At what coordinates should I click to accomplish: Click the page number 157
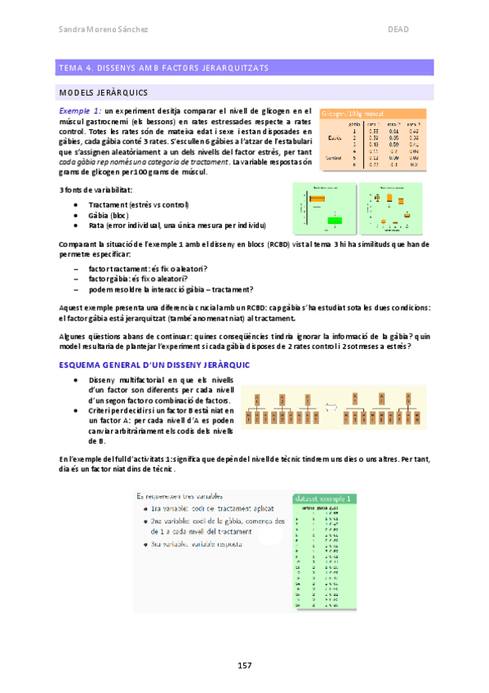point(244,665)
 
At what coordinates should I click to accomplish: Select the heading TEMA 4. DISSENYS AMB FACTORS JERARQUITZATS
point(160,67)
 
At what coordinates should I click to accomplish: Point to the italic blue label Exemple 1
point(81,110)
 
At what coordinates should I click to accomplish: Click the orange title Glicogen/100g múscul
point(353,114)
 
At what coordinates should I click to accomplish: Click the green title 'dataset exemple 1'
point(323,498)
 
